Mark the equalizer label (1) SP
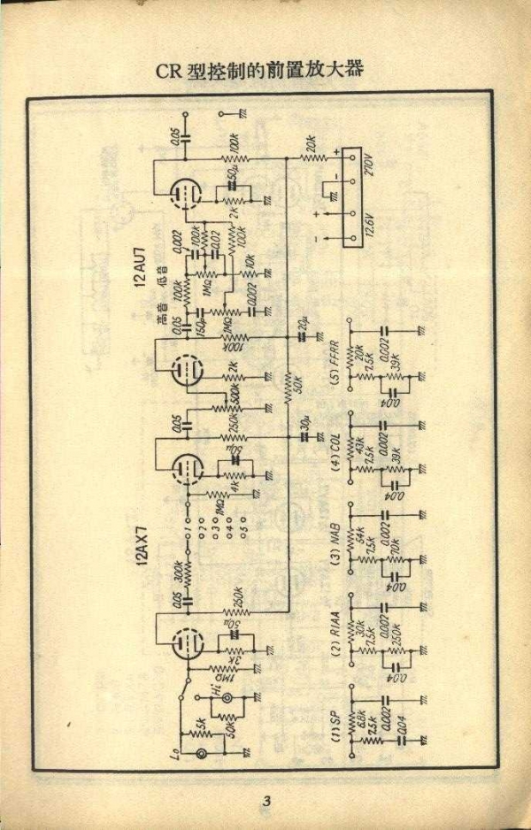[335, 727]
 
